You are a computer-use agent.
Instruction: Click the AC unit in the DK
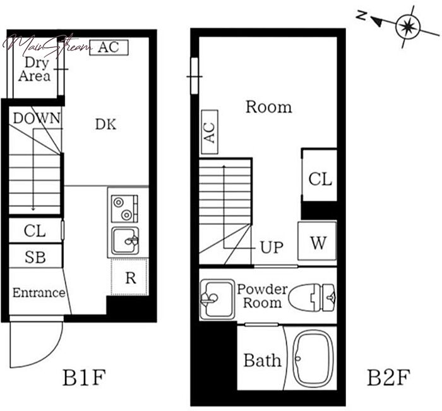click(109, 47)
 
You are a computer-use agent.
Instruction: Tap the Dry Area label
click(35, 69)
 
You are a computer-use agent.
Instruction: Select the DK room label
click(105, 124)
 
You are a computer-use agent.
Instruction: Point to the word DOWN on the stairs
click(37, 118)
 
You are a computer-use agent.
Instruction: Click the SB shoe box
click(35, 256)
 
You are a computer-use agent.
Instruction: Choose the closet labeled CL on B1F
click(35, 230)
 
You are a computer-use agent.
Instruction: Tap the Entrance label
click(39, 292)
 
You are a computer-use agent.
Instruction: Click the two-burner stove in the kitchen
click(124, 208)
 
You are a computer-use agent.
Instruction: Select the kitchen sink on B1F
click(125, 241)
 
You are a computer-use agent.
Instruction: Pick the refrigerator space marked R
click(129, 277)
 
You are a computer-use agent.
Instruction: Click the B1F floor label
click(84, 378)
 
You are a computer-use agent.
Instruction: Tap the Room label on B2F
click(268, 107)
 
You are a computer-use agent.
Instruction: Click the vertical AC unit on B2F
click(210, 132)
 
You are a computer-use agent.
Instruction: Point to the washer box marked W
click(318, 241)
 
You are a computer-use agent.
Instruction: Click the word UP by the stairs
click(272, 247)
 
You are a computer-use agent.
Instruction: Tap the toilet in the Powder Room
click(312, 297)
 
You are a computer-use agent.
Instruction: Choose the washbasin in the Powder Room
click(217, 299)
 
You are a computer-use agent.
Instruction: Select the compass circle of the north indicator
click(408, 27)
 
